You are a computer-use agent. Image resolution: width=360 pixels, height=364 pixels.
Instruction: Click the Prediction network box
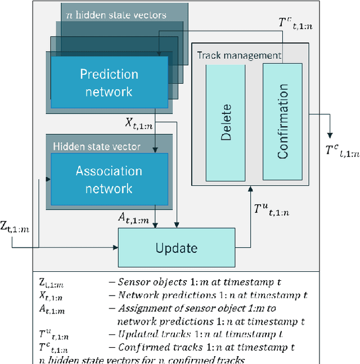(109, 83)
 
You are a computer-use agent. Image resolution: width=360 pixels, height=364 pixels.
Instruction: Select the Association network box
(109, 179)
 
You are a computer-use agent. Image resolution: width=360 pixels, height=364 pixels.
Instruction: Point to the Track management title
(238, 55)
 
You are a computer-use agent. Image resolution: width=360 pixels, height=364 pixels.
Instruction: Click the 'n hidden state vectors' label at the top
(116, 15)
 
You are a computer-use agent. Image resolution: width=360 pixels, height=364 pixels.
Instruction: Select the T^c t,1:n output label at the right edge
(341, 151)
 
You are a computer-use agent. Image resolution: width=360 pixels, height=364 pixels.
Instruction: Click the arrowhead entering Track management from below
(250, 190)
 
